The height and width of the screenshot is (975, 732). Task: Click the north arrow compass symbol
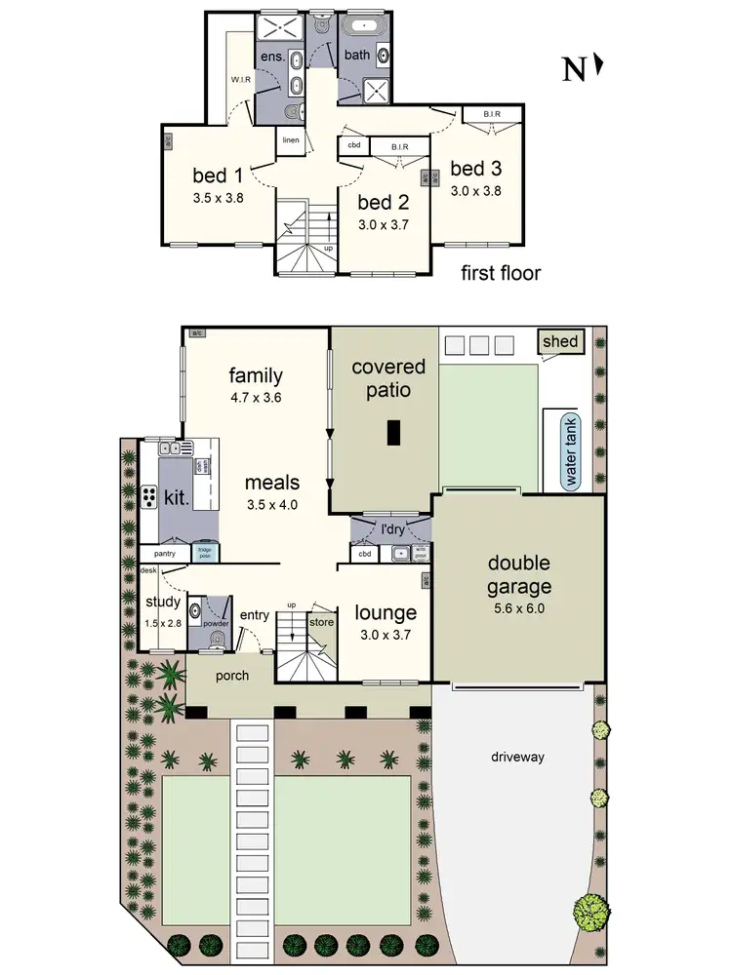pos(584,68)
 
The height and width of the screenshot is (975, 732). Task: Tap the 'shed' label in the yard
pos(561,342)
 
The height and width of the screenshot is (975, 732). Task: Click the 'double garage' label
pos(519,575)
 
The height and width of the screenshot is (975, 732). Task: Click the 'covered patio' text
pos(388,378)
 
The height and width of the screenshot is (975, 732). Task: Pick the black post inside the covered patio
pos(393,432)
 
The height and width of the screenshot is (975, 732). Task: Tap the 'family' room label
pos(256,375)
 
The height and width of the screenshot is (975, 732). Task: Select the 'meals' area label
pos(271,483)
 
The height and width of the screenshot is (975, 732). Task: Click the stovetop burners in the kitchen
pos(149,496)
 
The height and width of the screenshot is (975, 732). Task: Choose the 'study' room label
pos(163,603)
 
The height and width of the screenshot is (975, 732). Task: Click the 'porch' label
pos(231,676)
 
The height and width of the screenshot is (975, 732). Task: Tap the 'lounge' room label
pos(386,613)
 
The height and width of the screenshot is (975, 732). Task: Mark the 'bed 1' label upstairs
pos(217,176)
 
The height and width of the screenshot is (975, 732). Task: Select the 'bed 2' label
pos(381,203)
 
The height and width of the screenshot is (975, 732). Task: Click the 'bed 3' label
pos(475,168)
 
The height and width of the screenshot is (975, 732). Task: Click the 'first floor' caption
pos(501,273)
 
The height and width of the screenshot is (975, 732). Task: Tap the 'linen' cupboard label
pos(291,140)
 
